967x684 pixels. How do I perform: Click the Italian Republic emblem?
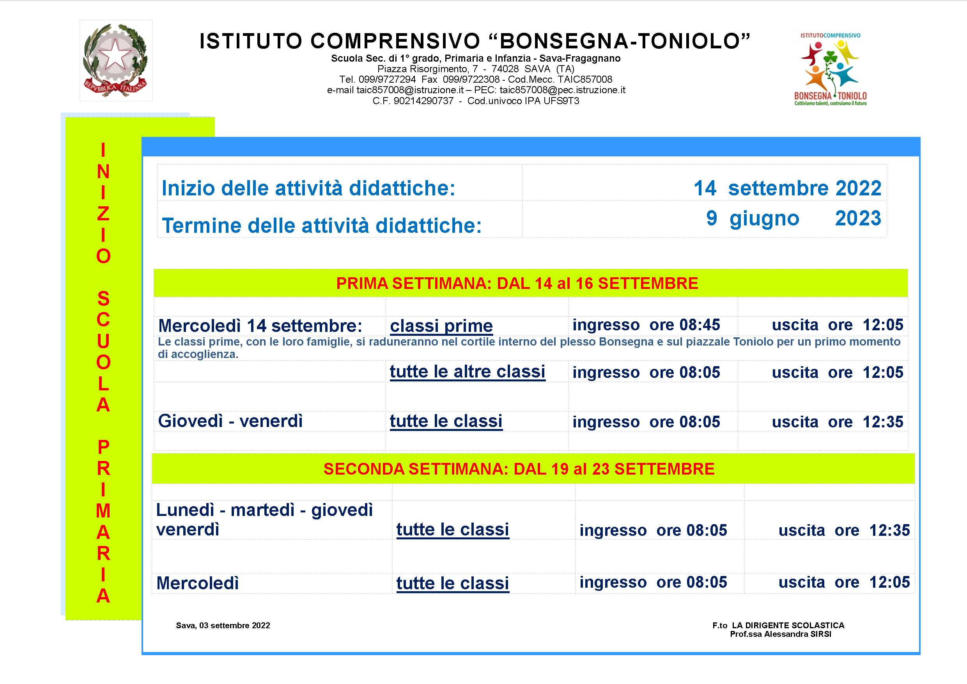(116, 60)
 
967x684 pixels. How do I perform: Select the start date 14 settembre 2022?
(787, 188)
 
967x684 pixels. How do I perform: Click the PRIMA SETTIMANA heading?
(517, 284)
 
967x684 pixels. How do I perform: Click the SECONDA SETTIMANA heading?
(519, 469)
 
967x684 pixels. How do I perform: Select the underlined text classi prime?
(441, 326)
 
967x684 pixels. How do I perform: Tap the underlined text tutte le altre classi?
(467, 372)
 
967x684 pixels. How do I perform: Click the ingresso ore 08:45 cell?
(646, 325)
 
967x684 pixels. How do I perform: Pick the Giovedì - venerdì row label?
(230, 421)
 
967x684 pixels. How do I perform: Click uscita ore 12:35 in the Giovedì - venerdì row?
(837, 422)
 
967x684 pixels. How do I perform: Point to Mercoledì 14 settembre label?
(260, 326)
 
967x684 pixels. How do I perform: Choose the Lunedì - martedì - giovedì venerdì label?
(264, 519)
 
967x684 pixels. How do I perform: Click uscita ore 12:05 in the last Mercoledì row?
(844, 583)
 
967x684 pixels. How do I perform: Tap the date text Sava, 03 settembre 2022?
(223, 626)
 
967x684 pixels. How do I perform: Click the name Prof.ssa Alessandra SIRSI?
(780, 634)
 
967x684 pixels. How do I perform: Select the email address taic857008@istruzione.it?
(410, 90)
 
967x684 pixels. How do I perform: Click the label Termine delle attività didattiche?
(321, 226)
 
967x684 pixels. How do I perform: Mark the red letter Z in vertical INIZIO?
(103, 214)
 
